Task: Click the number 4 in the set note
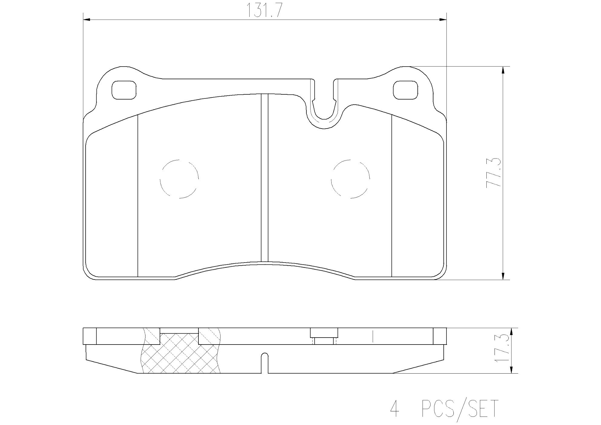point(394,409)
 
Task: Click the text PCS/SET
point(459,409)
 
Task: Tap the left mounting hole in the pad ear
point(124,90)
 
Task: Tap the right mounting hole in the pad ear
point(405,90)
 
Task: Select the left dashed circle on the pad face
point(179,179)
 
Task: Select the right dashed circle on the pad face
point(350,179)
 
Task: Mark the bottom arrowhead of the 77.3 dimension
point(503,276)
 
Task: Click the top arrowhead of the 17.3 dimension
point(511,332)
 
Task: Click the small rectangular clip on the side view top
point(324,333)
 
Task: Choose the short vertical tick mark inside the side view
point(374,337)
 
